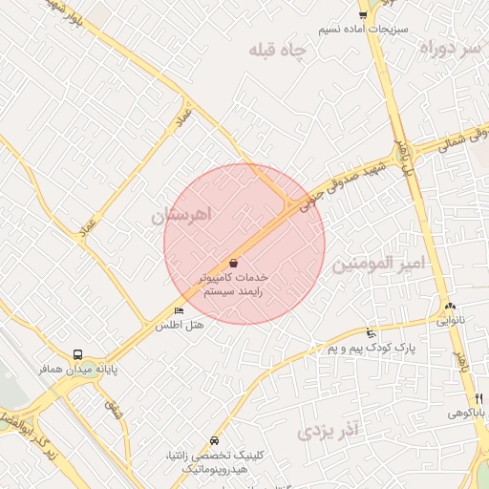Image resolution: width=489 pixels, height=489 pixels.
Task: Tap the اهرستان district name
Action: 185,215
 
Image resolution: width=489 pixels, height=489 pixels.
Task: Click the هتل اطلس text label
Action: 179,326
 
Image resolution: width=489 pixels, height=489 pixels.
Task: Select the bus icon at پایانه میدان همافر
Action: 78,353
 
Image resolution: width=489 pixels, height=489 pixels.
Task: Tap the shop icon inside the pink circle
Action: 234,262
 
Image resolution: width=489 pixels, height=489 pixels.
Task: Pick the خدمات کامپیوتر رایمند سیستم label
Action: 237,284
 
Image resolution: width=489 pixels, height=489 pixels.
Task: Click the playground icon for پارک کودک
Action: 371,334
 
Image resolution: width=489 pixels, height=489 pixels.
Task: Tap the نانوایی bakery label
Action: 450,321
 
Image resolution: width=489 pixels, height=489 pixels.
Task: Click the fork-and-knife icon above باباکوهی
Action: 478,398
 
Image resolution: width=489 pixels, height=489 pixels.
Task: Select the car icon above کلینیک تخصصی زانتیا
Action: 215,440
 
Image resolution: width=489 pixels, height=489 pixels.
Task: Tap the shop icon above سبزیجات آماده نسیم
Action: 363,13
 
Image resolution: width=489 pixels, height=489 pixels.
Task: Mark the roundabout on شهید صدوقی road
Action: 402,153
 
